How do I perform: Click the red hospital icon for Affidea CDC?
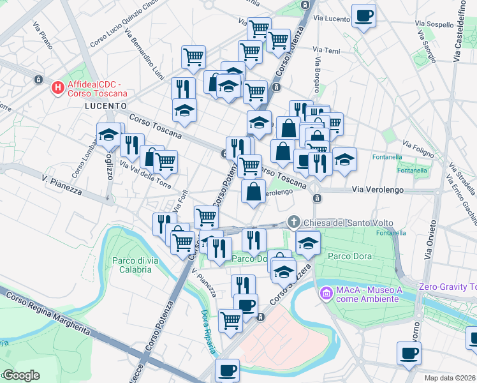pyautogui.click(x=57, y=87)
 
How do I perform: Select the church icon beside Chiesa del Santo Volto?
pyautogui.click(x=293, y=222)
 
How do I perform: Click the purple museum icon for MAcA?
pyautogui.click(x=326, y=293)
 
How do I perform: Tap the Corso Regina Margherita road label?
pyautogui.click(x=54, y=315)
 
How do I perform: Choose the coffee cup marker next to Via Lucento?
pyautogui.click(x=364, y=16)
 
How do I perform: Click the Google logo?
pyautogui.click(x=20, y=375)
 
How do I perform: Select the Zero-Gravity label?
pyautogui.click(x=447, y=287)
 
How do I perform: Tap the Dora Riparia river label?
pyautogui.click(x=209, y=324)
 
